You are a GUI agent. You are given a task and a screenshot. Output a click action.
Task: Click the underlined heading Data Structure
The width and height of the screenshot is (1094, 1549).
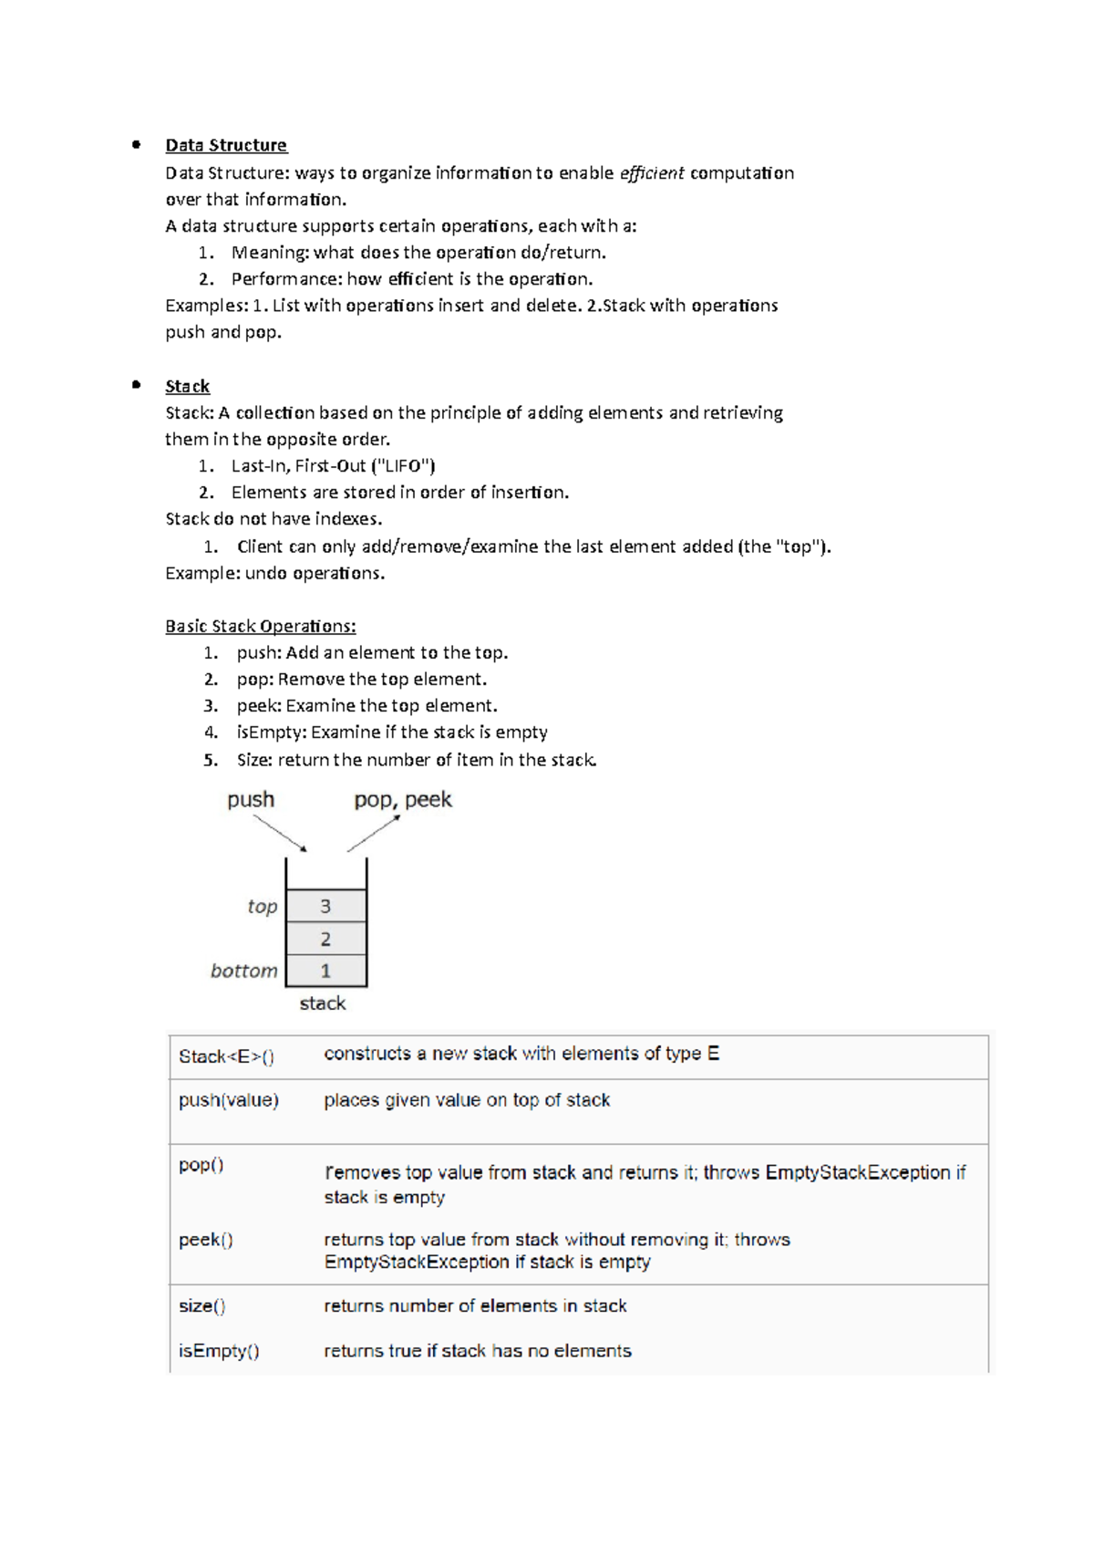click(225, 145)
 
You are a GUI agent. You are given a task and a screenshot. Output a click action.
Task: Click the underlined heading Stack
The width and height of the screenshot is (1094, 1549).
click(187, 386)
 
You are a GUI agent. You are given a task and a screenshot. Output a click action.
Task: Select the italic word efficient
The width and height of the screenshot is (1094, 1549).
click(651, 173)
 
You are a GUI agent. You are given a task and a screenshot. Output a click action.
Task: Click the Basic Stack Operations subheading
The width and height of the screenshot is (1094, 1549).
click(260, 626)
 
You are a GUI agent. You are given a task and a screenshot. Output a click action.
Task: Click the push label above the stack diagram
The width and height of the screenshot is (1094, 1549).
click(251, 800)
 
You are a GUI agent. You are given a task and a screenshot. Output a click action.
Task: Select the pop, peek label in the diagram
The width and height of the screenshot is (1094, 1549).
click(402, 800)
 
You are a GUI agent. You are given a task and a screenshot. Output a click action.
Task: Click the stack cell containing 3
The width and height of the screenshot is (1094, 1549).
click(325, 906)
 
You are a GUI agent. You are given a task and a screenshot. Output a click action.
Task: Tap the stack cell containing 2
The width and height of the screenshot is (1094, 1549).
click(325, 939)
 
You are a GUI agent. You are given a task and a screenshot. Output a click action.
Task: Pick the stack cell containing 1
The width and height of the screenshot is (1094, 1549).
click(325, 971)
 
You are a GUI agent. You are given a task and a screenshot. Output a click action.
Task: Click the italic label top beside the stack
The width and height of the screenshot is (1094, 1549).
click(262, 907)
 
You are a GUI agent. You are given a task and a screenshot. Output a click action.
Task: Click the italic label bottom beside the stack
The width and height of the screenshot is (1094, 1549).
click(243, 971)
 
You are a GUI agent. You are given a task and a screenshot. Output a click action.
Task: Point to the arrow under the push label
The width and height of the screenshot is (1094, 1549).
click(280, 833)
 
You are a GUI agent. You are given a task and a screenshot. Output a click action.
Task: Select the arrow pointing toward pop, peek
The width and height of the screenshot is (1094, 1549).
click(374, 833)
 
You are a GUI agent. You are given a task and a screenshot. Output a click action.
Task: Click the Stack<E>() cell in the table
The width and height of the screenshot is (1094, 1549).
click(226, 1056)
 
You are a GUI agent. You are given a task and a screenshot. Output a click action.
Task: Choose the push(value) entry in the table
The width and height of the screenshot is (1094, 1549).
click(228, 1100)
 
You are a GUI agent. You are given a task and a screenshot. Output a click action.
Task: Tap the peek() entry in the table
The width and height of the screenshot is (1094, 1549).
click(205, 1240)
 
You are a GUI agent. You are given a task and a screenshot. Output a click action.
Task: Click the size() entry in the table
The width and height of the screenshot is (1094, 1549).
click(201, 1306)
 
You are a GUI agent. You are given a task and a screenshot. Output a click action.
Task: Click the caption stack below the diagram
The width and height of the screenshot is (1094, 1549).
click(323, 1003)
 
